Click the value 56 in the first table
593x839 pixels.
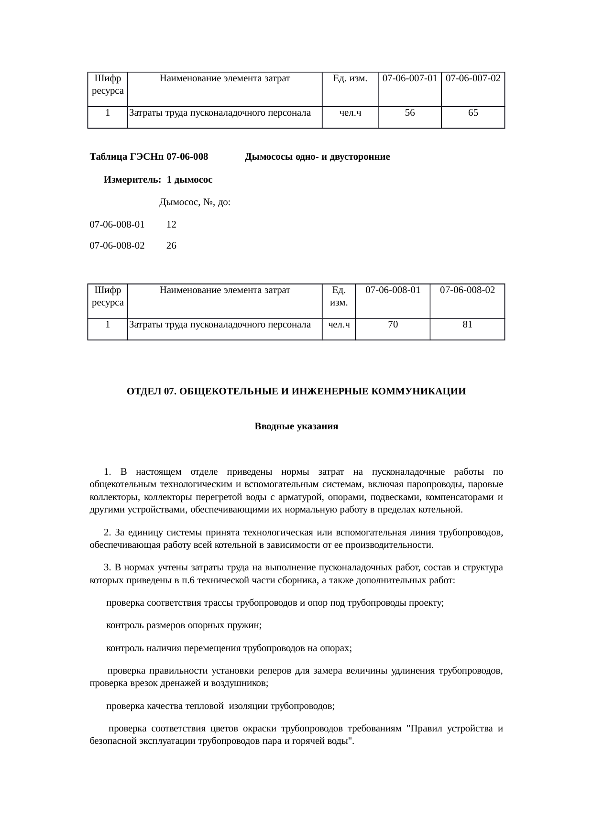(409, 113)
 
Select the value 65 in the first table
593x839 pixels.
(473, 113)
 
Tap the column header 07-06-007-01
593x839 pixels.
(410, 78)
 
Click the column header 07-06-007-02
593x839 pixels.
(473, 78)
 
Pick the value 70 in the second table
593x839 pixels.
(393, 325)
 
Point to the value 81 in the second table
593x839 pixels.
(467, 325)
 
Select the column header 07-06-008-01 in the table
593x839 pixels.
(393, 290)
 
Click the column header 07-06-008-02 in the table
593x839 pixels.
(467, 290)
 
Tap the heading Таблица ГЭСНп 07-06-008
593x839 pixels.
(149, 157)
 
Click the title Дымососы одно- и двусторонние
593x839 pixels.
(317, 157)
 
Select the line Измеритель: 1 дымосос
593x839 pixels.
(158, 180)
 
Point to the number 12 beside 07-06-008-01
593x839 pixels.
(171, 224)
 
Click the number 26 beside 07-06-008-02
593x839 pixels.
(171, 246)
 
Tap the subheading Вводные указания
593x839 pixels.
(296, 426)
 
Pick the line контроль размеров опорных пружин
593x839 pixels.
(183, 625)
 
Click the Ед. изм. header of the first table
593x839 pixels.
(350, 78)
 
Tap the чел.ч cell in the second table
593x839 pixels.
(339, 325)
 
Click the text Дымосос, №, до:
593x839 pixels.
(195, 203)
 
